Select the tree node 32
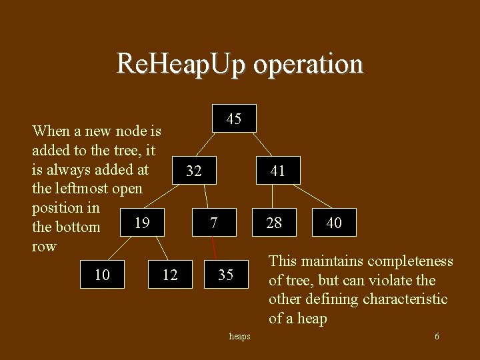tap(194, 171)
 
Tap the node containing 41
tap(277, 171)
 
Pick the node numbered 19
tap(141, 223)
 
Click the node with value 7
tap(213, 223)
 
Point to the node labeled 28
tap(274, 223)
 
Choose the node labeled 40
tap(333, 223)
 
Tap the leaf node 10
tap(102, 274)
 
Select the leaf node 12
tap(170, 274)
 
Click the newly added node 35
tap(225, 274)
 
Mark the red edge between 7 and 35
tap(215, 248)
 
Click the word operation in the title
tap(309, 64)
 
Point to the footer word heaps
tap(239, 337)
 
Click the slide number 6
tap(437, 337)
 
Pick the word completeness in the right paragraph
tap(408, 261)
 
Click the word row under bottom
tap(44, 247)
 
